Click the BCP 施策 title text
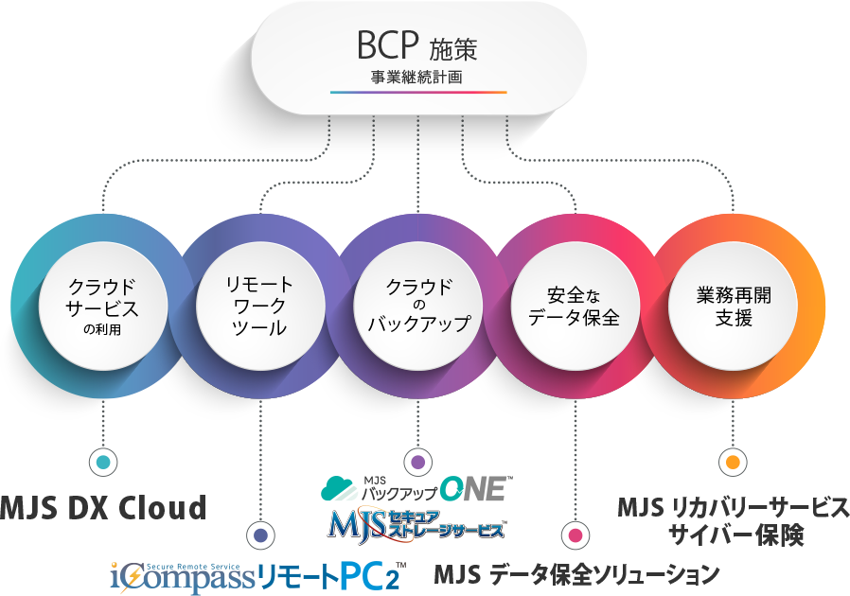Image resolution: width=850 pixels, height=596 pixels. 417,46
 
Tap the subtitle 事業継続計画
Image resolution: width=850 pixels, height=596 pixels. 417,77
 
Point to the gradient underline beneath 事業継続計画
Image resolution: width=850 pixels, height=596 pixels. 417,93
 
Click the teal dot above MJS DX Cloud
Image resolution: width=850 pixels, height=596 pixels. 102,463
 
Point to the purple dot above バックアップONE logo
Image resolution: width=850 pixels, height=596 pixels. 418,463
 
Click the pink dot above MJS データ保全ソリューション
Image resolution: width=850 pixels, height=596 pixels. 575,535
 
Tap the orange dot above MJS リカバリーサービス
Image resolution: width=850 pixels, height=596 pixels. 733,463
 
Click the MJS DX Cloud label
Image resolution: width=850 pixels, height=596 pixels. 102,508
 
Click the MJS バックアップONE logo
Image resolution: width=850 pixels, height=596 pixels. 416,489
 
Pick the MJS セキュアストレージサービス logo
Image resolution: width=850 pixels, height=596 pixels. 416,524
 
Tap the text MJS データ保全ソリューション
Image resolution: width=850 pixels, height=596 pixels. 576,574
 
